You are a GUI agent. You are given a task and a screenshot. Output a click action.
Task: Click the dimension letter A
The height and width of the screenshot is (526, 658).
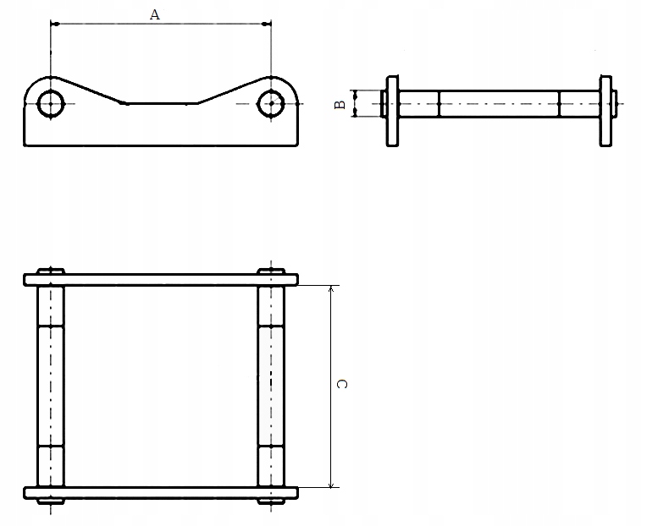tap(154, 14)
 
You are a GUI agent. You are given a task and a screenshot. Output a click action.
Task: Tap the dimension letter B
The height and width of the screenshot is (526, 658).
tap(340, 105)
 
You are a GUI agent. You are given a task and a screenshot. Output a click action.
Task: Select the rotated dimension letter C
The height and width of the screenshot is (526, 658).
tap(342, 385)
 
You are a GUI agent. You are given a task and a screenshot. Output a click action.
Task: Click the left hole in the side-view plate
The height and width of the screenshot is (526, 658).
tap(51, 103)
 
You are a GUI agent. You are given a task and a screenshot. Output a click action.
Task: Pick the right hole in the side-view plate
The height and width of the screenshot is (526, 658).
tap(271, 103)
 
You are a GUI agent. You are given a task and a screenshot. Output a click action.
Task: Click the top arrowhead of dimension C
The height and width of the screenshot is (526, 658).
tap(331, 290)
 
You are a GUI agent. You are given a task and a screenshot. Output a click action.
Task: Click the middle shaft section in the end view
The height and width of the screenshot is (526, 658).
tap(499, 104)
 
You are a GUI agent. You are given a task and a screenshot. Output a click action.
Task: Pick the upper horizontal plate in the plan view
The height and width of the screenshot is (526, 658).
tap(161, 279)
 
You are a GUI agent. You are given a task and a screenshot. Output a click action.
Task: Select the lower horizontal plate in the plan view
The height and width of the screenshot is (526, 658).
tap(161, 492)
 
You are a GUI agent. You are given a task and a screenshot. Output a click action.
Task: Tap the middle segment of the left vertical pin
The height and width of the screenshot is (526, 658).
tap(51, 385)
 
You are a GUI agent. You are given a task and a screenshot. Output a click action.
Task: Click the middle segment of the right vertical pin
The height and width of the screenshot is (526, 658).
tap(271, 385)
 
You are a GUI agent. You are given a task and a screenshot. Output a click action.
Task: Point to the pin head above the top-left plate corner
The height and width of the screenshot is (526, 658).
tap(51, 270)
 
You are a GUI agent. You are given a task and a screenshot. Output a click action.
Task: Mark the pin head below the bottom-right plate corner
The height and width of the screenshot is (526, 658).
tap(271, 501)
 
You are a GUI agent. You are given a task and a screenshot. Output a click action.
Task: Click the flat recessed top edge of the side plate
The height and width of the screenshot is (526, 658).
tap(161, 103)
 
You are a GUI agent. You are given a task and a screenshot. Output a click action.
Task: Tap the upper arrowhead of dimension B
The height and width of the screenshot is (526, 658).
tap(356, 94)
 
